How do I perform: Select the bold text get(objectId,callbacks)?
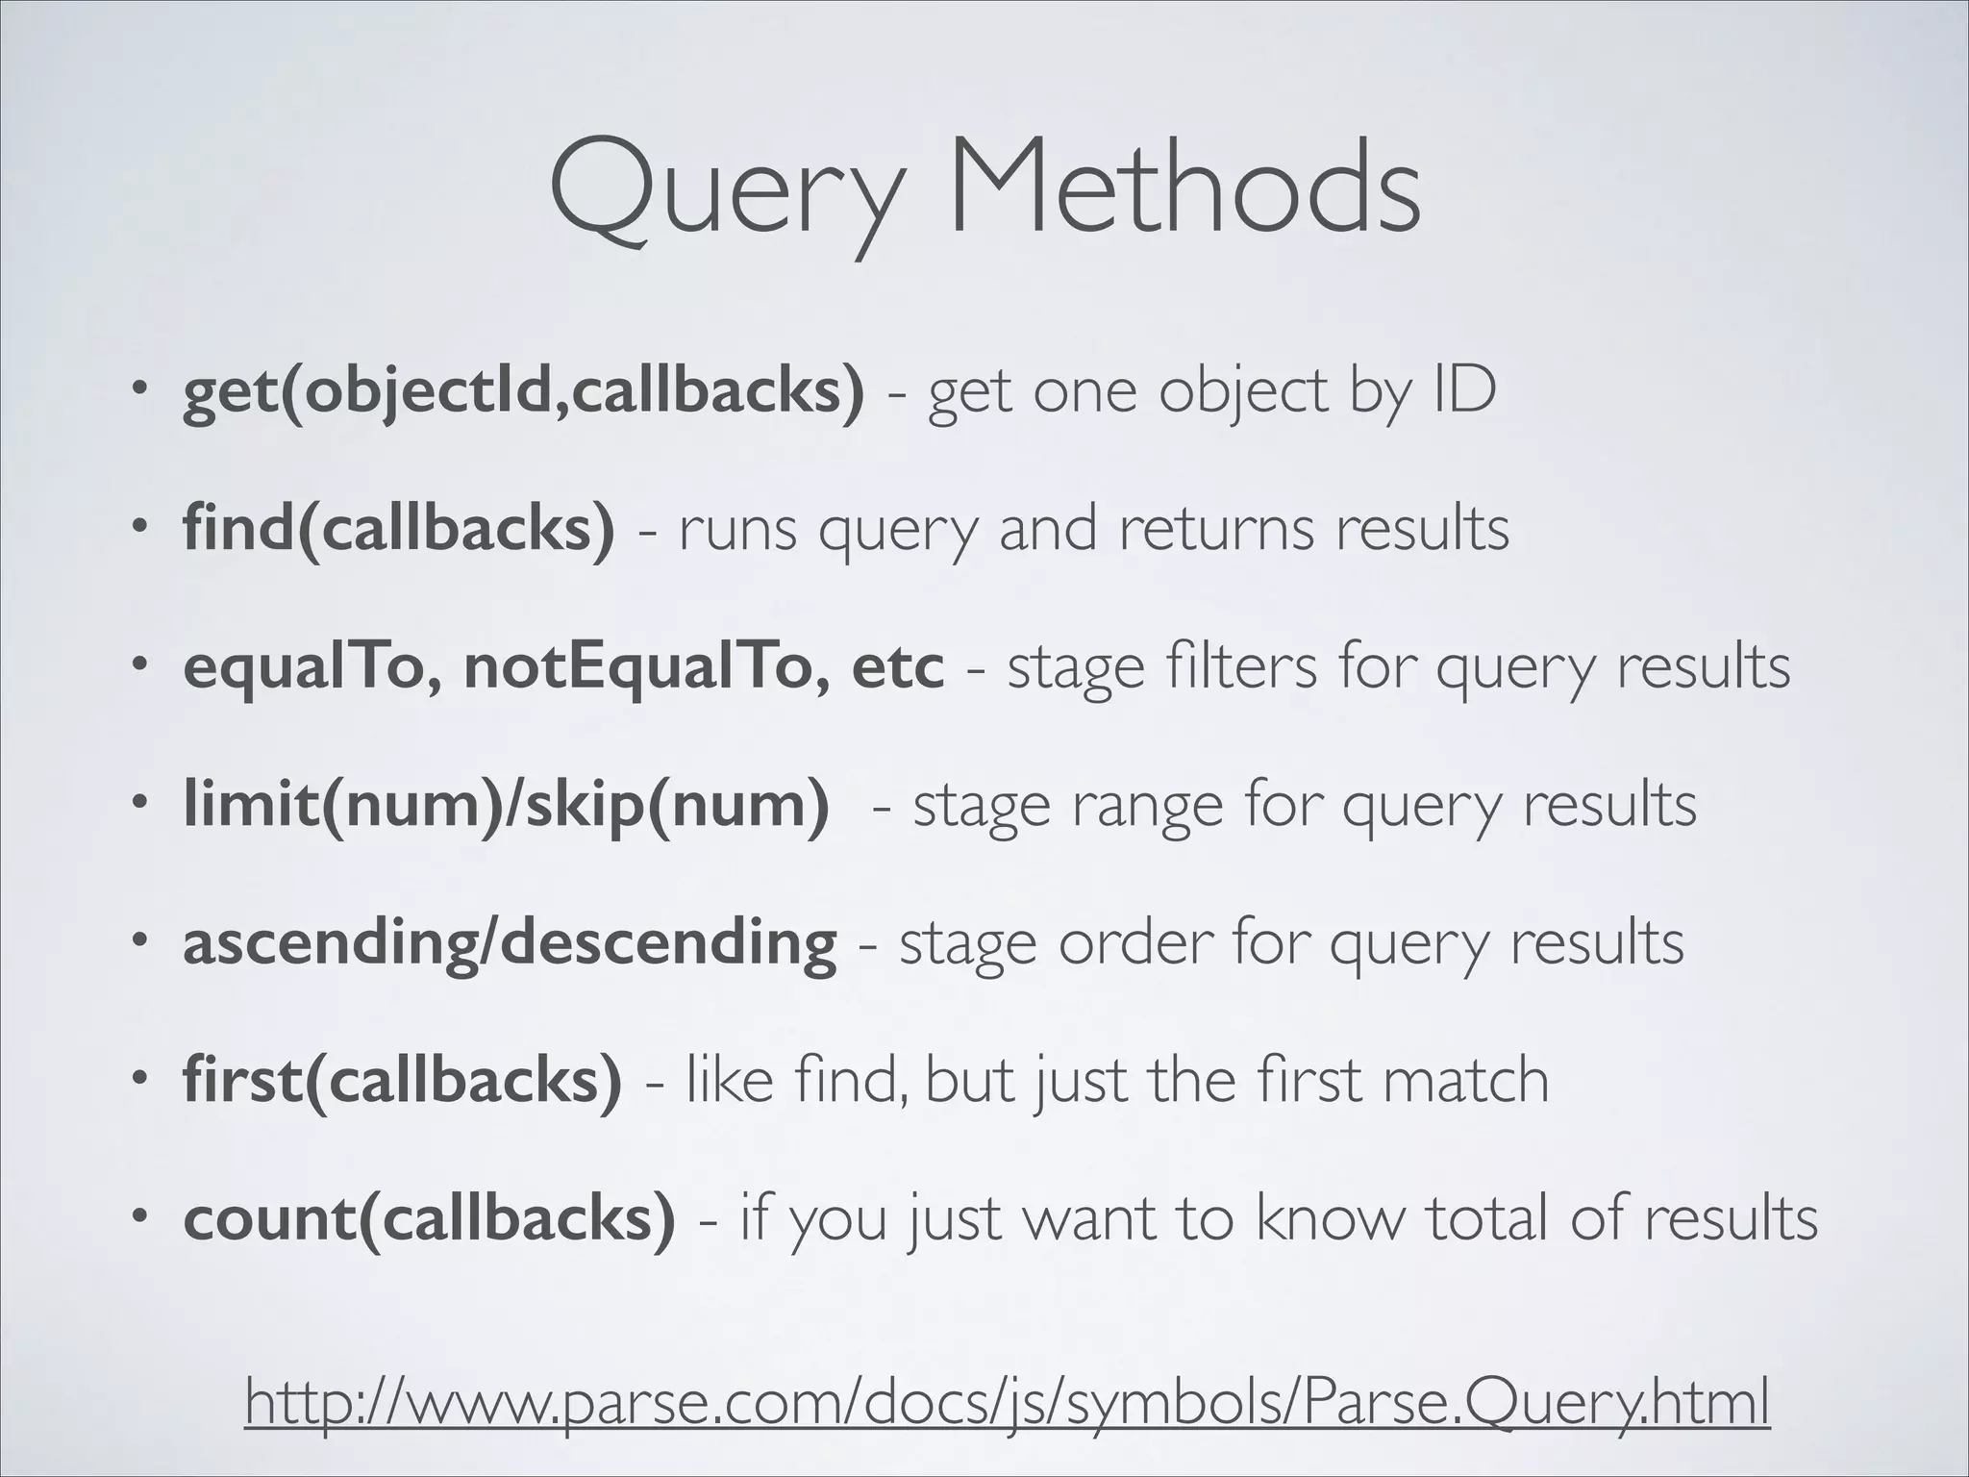[x=523, y=392]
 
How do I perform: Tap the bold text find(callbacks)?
[x=398, y=529]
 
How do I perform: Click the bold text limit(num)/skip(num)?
[x=506, y=804]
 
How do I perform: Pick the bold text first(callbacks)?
[x=402, y=1080]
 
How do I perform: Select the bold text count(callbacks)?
[x=429, y=1217]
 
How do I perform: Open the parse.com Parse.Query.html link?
[x=1007, y=1403]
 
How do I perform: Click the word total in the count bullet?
[x=1486, y=1217]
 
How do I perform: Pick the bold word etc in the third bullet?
[x=897, y=666]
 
